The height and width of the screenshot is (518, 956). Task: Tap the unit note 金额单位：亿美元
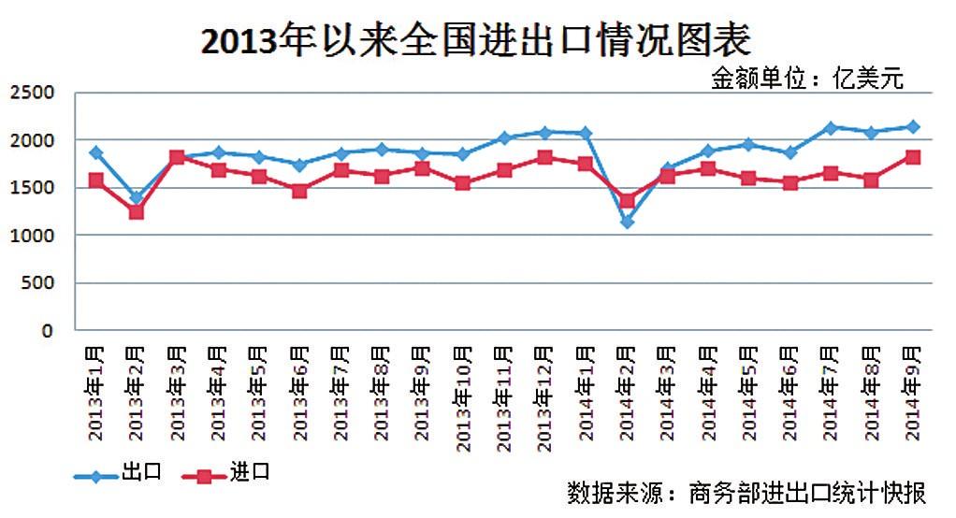coord(807,79)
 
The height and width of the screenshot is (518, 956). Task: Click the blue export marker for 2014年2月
coord(627,222)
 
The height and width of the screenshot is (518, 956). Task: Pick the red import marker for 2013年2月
coord(136,212)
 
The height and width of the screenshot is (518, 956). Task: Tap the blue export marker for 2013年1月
coord(95,152)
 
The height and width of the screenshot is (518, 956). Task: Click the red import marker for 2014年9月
coord(913,157)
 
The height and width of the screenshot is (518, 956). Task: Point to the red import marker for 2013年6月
coord(299,191)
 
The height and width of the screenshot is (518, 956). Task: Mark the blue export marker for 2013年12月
coord(544,133)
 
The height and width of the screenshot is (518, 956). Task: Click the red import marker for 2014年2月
coord(627,200)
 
